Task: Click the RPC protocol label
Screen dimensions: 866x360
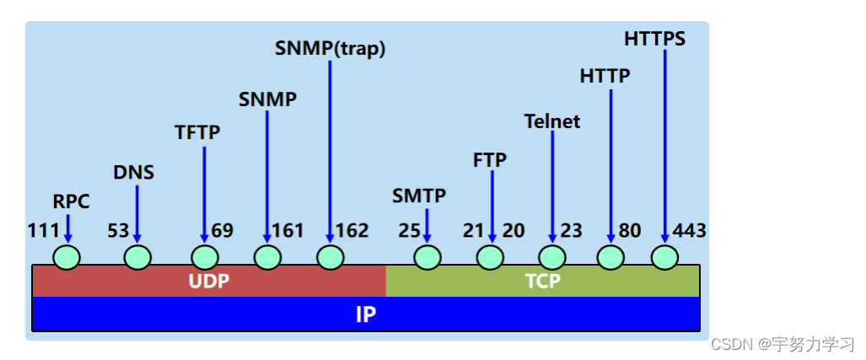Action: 71,201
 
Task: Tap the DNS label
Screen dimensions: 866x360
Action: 134,173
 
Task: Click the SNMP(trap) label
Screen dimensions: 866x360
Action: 330,48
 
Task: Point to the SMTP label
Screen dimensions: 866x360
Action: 419,196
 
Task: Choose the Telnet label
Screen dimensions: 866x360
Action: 551,121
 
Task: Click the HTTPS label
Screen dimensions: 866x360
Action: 655,39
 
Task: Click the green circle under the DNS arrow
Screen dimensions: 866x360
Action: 137,256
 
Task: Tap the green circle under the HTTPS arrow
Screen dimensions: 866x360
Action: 664,256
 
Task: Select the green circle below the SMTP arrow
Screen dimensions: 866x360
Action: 428,256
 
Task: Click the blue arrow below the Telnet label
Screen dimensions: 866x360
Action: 552,185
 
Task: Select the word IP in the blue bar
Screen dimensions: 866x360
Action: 366,314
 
